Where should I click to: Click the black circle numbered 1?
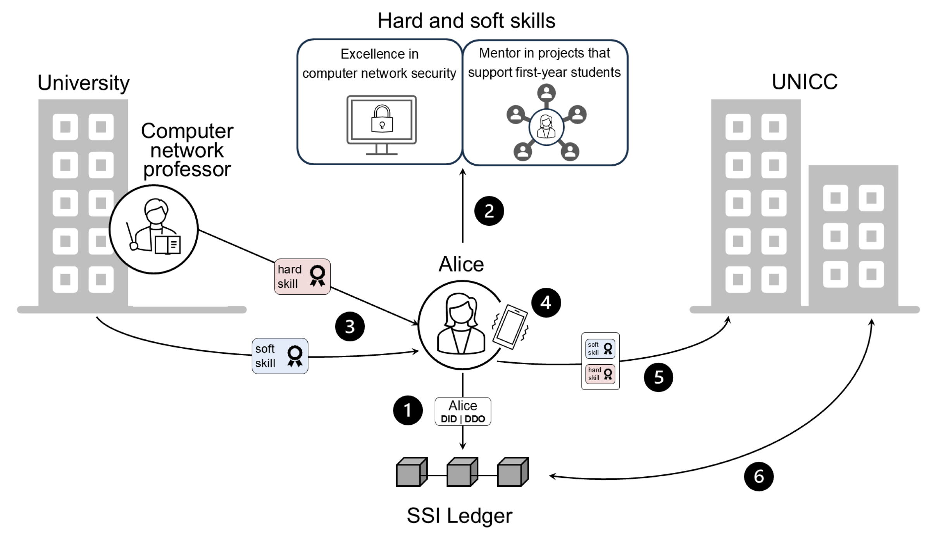point(408,410)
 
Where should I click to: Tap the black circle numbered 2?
point(489,211)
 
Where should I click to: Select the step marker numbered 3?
point(350,327)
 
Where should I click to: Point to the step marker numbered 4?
point(546,303)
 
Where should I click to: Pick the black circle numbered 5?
point(658,377)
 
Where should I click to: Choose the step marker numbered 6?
point(759,476)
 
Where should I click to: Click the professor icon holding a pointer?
point(154,229)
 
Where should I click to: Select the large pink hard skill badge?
point(302,277)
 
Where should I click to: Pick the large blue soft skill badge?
point(280,356)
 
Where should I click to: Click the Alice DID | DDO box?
point(463,411)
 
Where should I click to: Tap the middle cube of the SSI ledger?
point(462,472)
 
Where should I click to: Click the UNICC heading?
point(805,82)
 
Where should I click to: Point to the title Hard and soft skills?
point(466,21)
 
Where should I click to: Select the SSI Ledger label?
point(460,516)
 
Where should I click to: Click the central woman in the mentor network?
point(546,127)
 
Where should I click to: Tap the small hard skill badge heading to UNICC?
point(600,374)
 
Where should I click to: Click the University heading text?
point(83,83)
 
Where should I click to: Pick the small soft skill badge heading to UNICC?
point(600,349)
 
